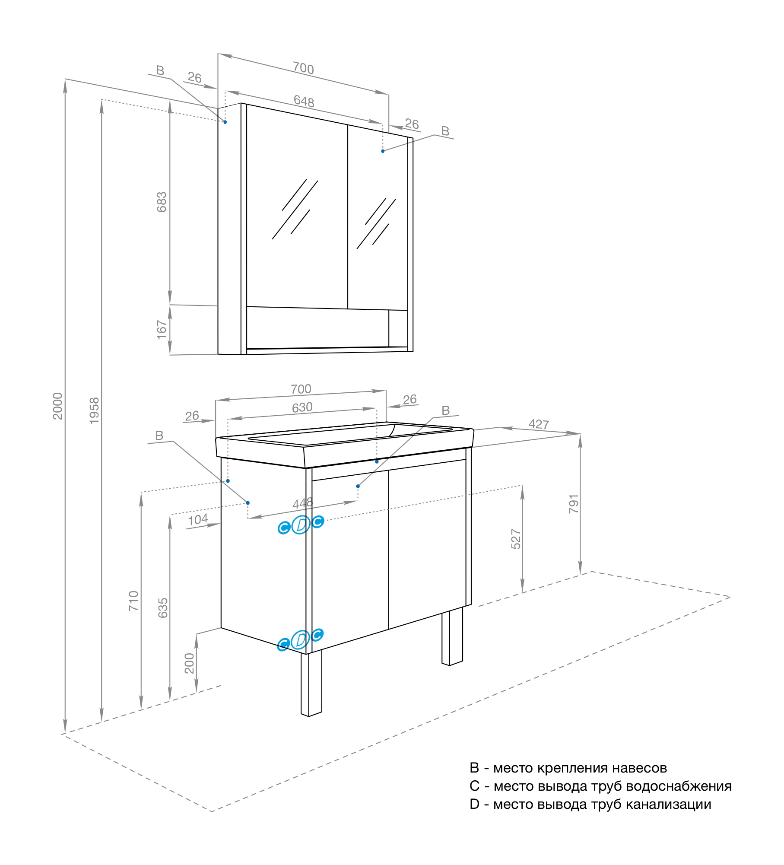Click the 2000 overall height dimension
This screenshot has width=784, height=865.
pyautogui.click(x=57, y=406)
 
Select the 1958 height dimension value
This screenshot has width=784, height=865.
pyautogui.click(x=94, y=410)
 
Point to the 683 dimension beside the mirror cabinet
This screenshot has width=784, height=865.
pyautogui.click(x=161, y=202)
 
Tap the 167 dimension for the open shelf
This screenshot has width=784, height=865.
pyautogui.click(x=161, y=330)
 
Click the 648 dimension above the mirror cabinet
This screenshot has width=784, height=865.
pyautogui.click(x=304, y=101)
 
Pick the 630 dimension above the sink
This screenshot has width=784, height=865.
pyautogui.click(x=302, y=407)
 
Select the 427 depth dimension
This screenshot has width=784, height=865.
pyautogui.click(x=539, y=424)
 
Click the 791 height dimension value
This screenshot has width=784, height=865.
pyautogui.click(x=573, y=504)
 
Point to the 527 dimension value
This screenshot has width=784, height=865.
pyautogui.click(x=516, y=539)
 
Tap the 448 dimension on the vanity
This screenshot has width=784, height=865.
pyautogui.click(x=302, y=503)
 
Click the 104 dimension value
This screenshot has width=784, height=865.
pyautogui.click(x=198, y=520)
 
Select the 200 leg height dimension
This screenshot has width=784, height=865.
pyautogui.click(x=189, y=663)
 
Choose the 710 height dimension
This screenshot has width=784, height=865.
pyautogui.click(x=133, y=601)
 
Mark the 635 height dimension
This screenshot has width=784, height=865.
pyautogui.click(x=163, y=608)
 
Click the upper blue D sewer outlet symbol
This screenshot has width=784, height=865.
pyautogui.click(x=301, y=525)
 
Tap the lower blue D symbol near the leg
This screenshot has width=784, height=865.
pyautogui.click(x=300, y=640)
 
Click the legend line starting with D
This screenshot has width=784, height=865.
pyautogui.click(x=590, y=804)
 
